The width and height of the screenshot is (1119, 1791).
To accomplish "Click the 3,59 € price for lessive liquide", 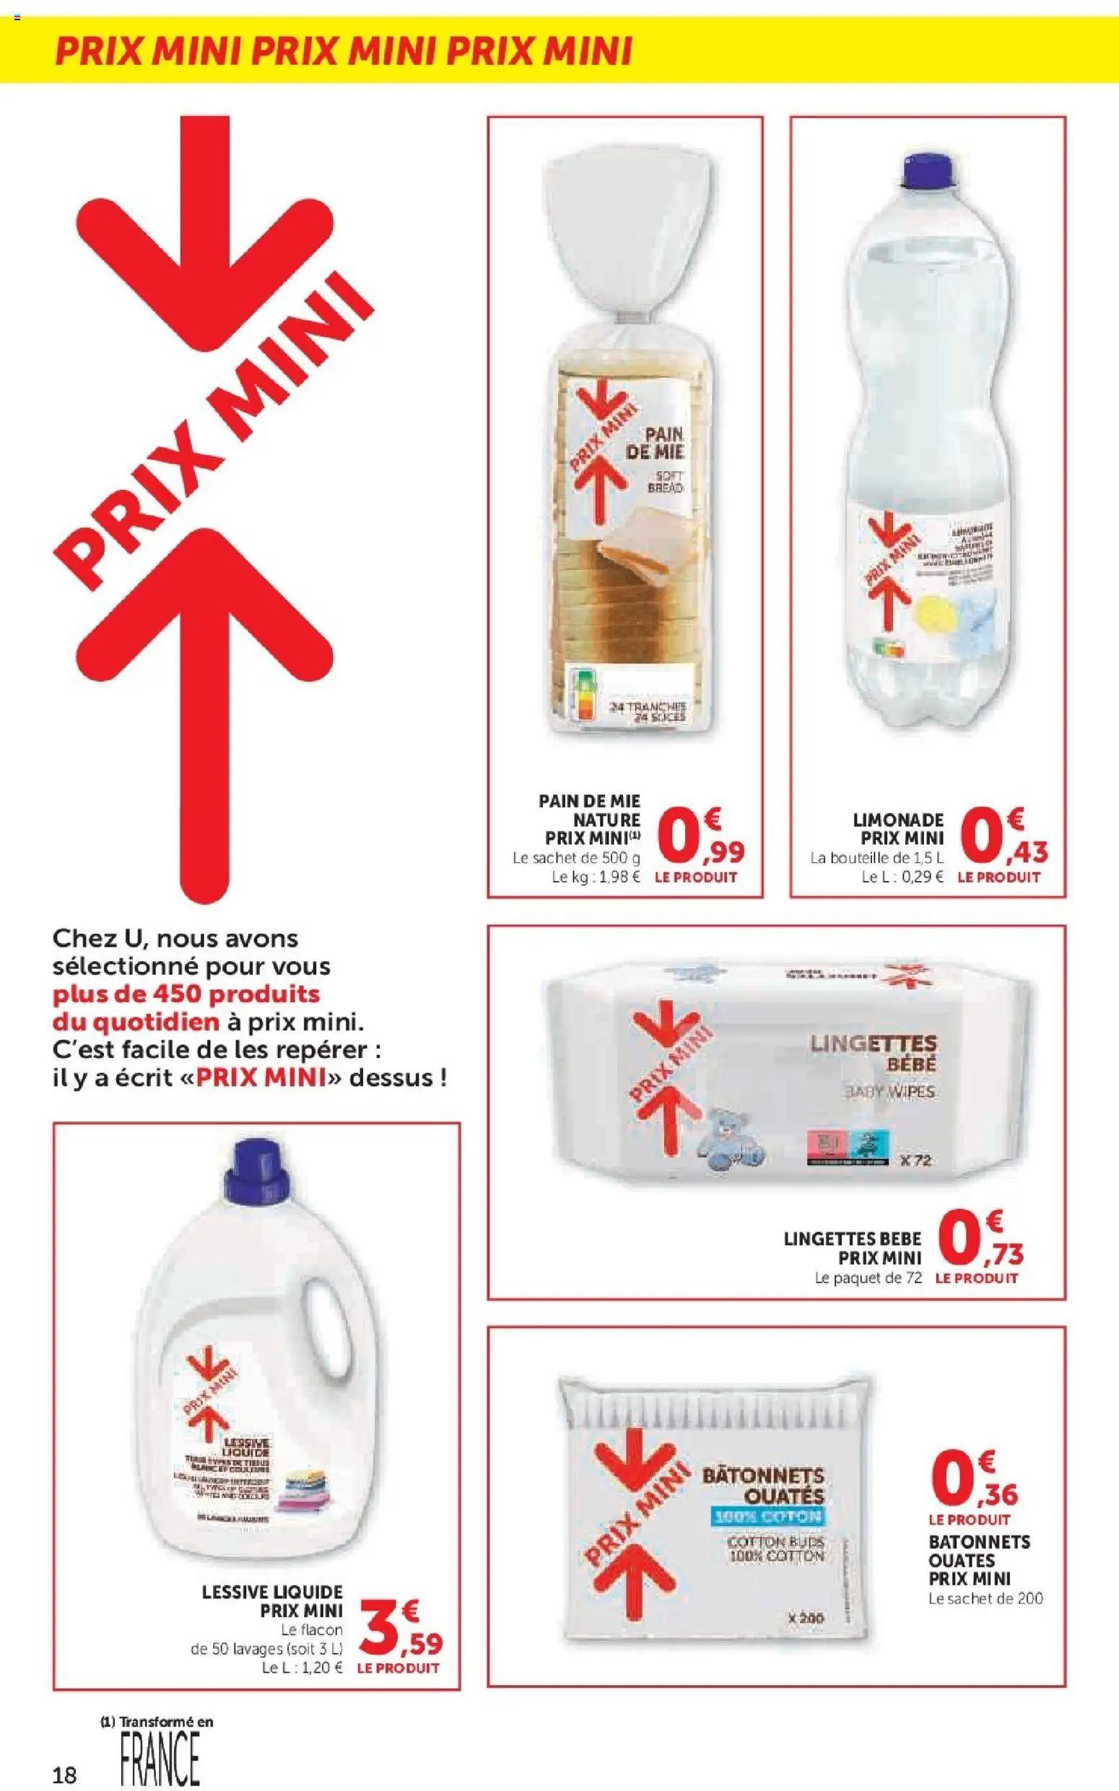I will (401, 1628).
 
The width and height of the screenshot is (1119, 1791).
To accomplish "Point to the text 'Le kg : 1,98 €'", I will (596, 877).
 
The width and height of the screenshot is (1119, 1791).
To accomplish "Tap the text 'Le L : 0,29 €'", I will (903, 877).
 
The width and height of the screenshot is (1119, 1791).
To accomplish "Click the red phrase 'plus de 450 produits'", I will (186, 994).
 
